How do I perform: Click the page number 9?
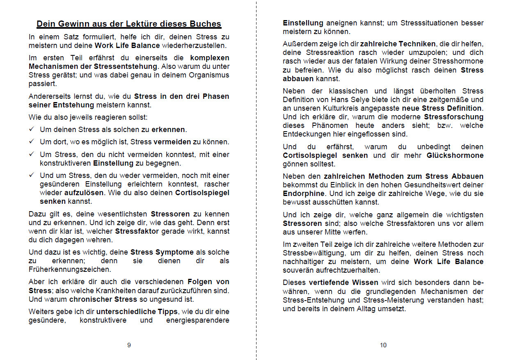(129, 345)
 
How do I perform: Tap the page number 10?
(383, 345)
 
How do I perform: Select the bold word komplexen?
(210, 58)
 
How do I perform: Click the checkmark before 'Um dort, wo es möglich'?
(32, 142)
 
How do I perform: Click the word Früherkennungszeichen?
(69, 269)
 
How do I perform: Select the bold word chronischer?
(91, 299)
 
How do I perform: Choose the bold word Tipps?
(169, 312)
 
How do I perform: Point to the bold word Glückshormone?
(455, 155)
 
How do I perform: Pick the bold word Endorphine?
(303, 194)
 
